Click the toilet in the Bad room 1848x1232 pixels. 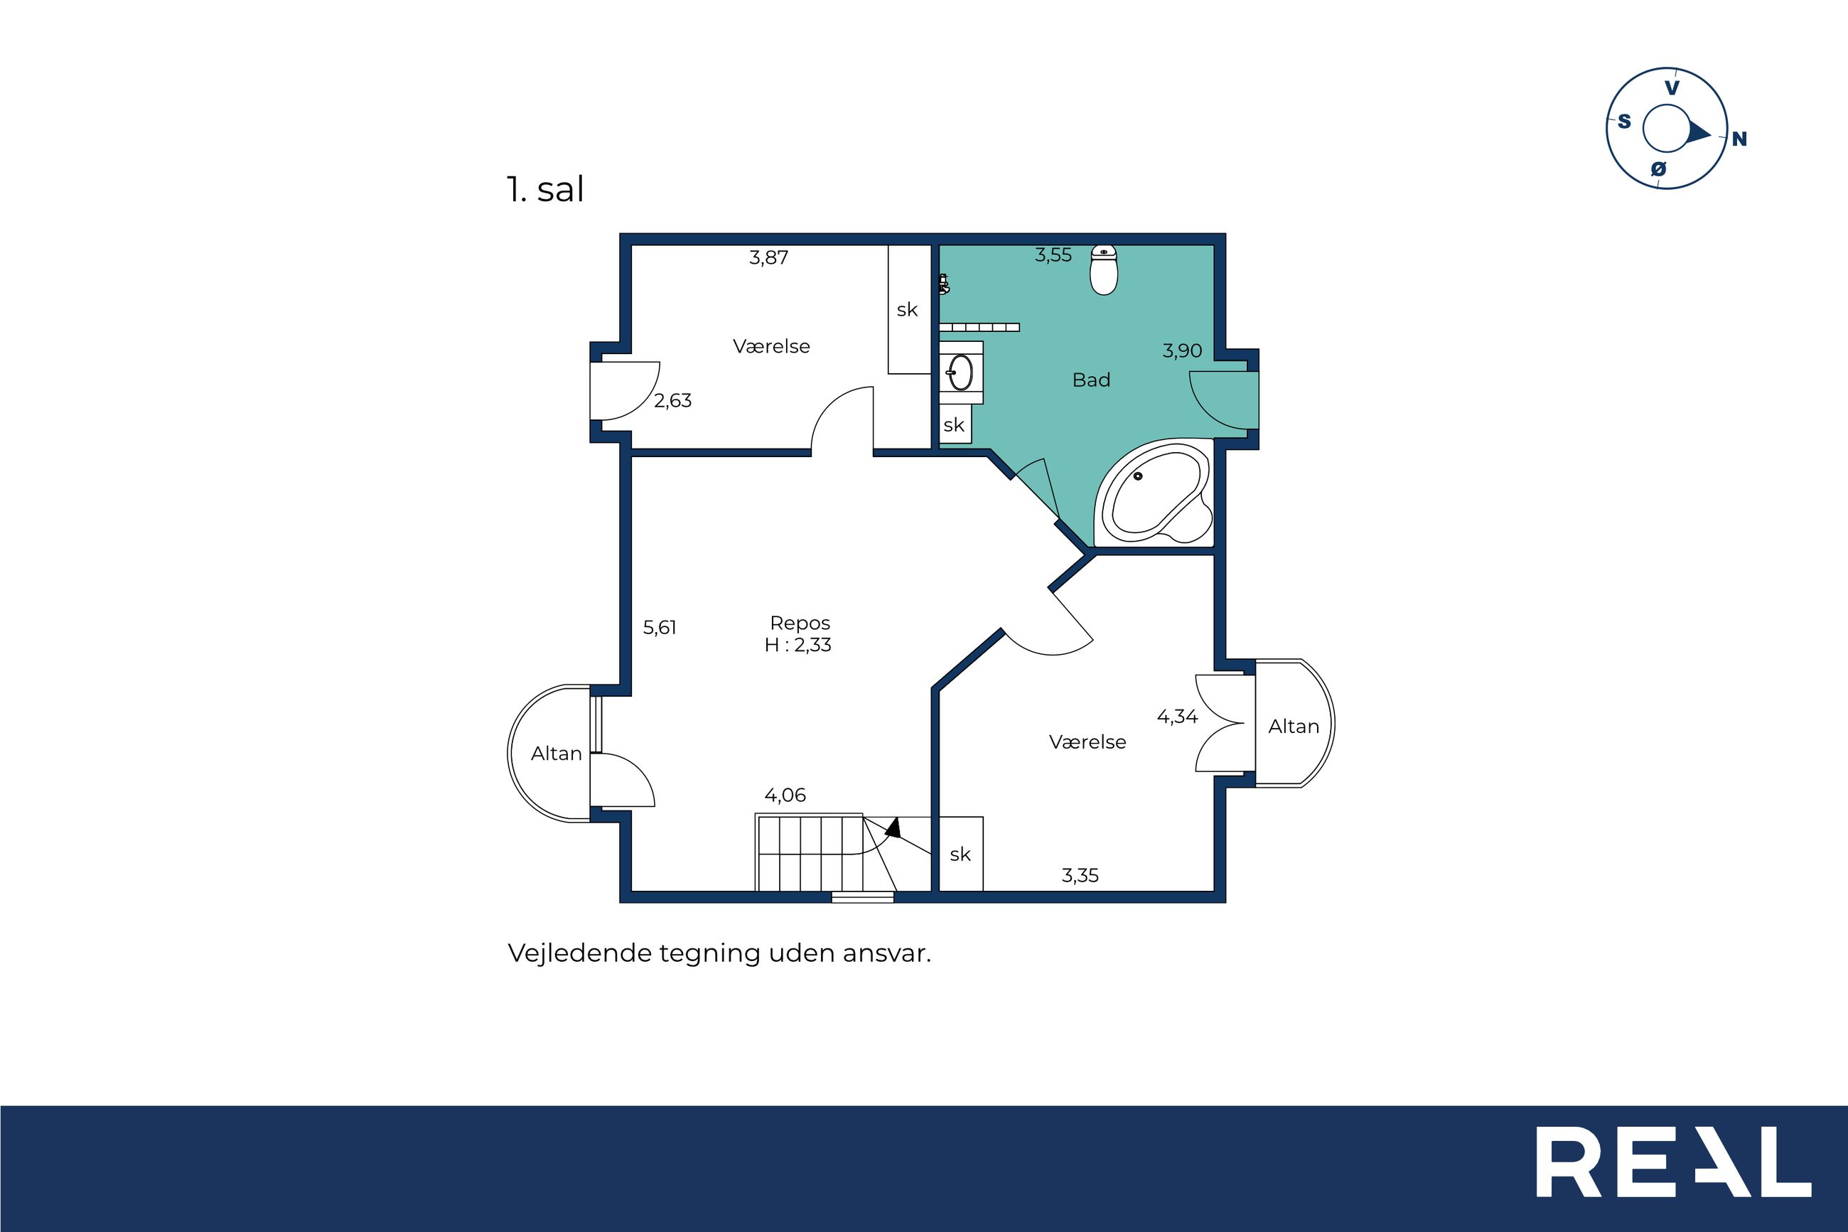click(x=1103, y=270)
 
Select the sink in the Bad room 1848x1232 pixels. click(x=960, y=373)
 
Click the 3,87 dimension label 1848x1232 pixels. click(x=768, y=258)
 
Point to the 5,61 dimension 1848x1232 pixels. click(x=660, y=627)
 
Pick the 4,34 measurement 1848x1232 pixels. click(x=1176, y=717)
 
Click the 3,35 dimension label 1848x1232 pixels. click(x=1080, y=875)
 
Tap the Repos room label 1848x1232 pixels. click(x=800, y=623)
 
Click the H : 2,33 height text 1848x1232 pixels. click(x=797, y=645)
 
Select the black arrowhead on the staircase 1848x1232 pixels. click(x=893, y=827)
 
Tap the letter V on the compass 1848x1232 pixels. click(x=1672, y=88)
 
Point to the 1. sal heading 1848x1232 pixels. click(x=545, y=189)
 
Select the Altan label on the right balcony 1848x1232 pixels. click(x=1293, y=727)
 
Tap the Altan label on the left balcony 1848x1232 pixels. click(x=556, y=754)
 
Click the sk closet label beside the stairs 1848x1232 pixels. click(x=960, y=854)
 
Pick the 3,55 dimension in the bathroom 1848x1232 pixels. click(x=1053, y=255)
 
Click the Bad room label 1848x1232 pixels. click(x=1091, y=380)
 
